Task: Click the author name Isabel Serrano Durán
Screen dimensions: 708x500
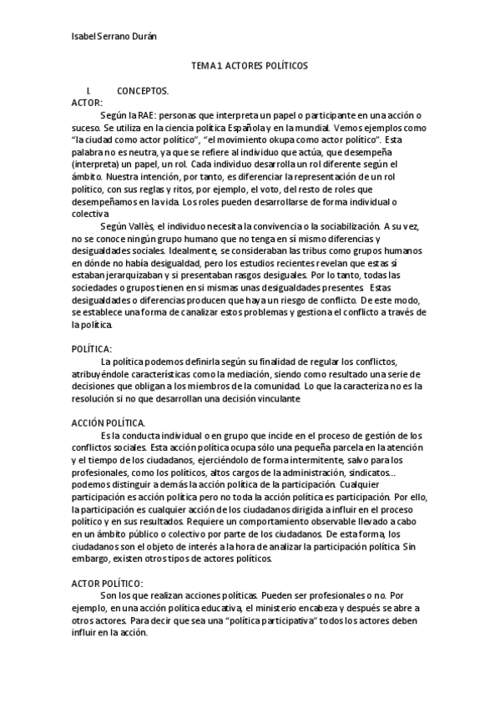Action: point(114,37)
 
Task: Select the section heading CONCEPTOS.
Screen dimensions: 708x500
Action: point(143,90)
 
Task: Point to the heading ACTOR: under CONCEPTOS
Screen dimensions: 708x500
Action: point(88,102)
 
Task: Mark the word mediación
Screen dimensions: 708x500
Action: point(250,374)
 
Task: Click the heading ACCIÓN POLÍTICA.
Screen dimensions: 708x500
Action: point(109,423)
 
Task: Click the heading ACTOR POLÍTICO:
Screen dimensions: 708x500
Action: point(108,583)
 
